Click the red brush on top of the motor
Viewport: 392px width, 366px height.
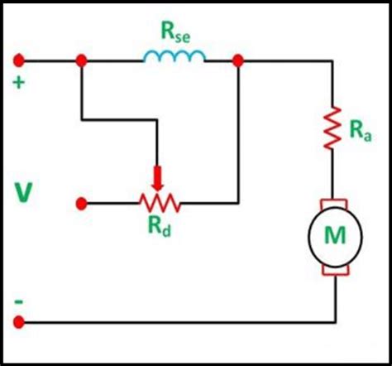click(x=336, y=203)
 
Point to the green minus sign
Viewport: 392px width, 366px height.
click(x=17, y=302)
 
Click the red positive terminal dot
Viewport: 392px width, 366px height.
click(x=18, y=60)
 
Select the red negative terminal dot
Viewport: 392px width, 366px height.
click(x=18, y=321)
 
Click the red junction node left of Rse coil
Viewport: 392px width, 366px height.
click(x=82, y=60)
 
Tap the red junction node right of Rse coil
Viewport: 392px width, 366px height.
click(x=238, y=60)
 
